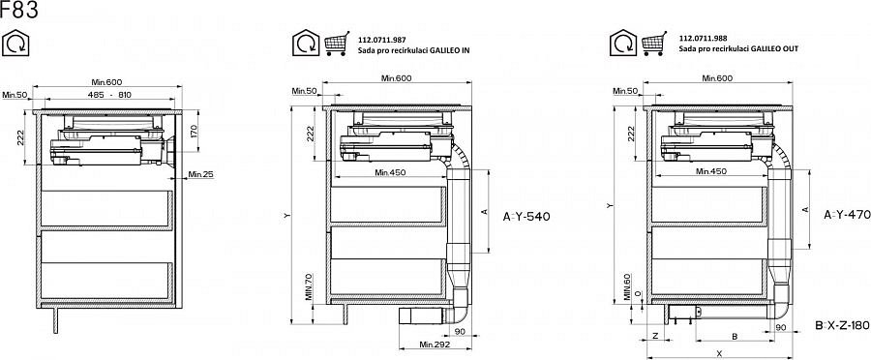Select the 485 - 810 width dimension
(109, 95)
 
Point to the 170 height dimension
(194, 131)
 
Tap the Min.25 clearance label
(200, 174)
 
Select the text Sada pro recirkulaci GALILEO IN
(413, 50)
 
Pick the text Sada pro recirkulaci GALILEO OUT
(738, 49)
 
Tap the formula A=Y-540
(526, 217)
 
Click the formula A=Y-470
(847, 215)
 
